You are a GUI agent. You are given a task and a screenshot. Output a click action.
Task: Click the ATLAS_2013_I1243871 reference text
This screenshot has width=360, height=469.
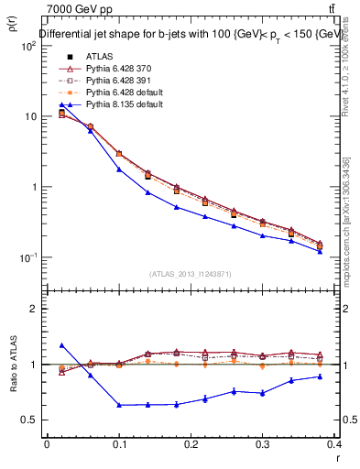(x=191, y=274)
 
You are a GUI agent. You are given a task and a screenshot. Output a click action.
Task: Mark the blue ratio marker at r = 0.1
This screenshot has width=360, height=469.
(x=118, y=405)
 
